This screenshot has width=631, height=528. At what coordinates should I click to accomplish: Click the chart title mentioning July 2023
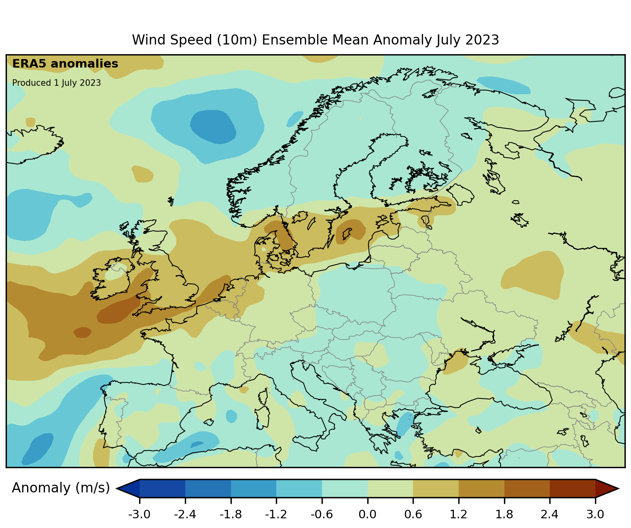(315, 40)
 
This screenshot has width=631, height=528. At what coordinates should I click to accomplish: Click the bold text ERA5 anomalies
(65, 64)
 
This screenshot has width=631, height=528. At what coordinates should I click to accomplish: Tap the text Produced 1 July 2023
(56, 83)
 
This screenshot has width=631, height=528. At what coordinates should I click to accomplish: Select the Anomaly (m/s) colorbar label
(61, 488)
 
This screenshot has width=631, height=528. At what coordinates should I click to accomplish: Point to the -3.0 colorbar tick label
(139, 515)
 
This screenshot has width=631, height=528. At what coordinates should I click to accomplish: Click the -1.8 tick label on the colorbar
(231, 515)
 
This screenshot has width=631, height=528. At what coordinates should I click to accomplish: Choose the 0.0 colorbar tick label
(367, 515)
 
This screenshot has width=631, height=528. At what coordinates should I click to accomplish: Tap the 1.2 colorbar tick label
(458, 515)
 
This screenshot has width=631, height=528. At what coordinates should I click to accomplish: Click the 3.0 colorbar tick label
(595, 515)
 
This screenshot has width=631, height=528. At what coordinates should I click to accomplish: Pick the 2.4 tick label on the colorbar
(549, 515)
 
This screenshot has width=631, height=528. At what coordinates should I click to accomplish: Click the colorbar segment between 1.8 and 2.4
(527, 488)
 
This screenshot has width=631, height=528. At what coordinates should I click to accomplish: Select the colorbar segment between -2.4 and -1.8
(208, 488)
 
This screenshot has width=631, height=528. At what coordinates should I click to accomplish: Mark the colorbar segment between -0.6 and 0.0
(345, 488)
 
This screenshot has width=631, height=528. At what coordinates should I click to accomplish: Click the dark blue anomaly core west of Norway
(213, 127)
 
